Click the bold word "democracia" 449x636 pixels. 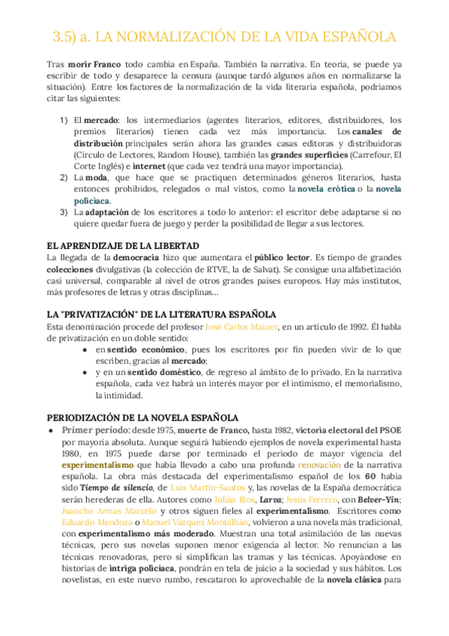coord(142,258)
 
